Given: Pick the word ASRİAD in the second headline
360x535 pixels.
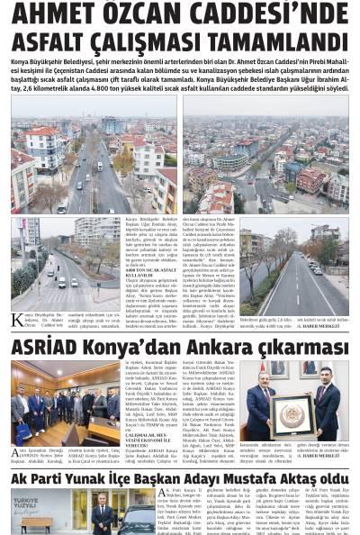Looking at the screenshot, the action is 45,347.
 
